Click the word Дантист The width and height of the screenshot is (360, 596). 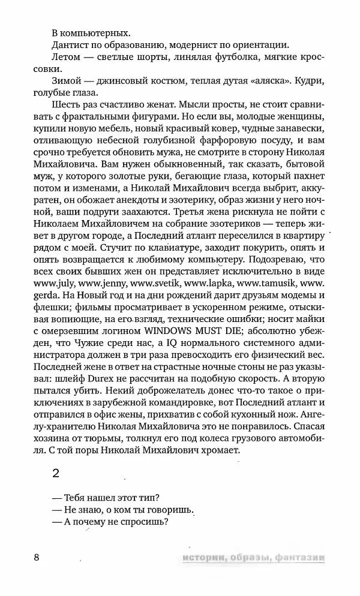coord(72,44)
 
